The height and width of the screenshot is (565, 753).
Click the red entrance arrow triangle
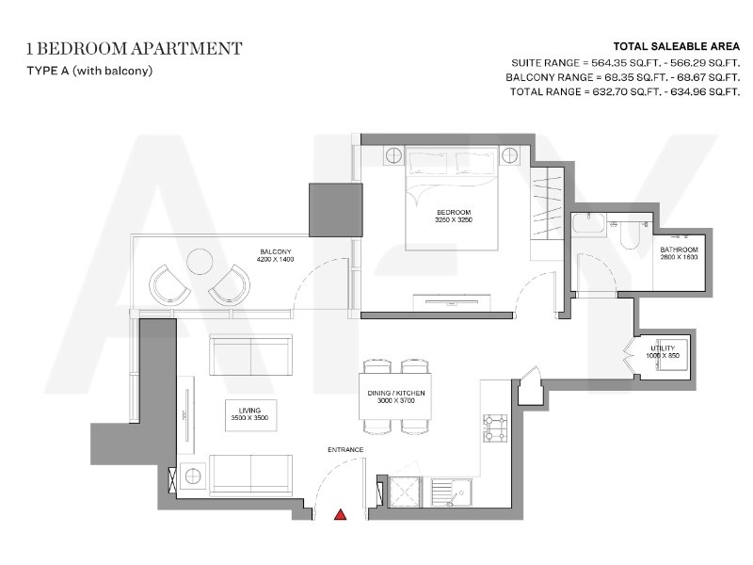point(341,514)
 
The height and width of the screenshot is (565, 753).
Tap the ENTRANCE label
point(345,450)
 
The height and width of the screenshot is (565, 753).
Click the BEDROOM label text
point(454,212)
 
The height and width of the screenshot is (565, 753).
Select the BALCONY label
point(276,251)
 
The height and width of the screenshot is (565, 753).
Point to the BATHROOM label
point(679,250)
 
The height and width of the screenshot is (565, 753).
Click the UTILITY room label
point(663,347)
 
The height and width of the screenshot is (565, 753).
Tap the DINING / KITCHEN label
point(395,393)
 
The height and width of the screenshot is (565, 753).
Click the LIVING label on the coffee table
point(249,411)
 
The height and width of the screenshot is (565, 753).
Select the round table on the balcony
point(199,262)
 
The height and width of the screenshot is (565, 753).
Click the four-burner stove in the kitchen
point(495,428)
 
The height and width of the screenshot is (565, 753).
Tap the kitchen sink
point(452,492)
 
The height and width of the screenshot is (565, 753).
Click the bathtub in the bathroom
point(589,224)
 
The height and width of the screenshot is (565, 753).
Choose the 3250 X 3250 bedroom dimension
point(454,219)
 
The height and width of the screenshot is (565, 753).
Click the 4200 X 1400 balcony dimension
point(276,259)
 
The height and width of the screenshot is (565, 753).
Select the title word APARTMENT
point(186,49)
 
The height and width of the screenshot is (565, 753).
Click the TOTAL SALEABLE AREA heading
point(676,46)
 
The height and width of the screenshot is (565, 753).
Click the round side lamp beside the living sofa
point(193,476)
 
